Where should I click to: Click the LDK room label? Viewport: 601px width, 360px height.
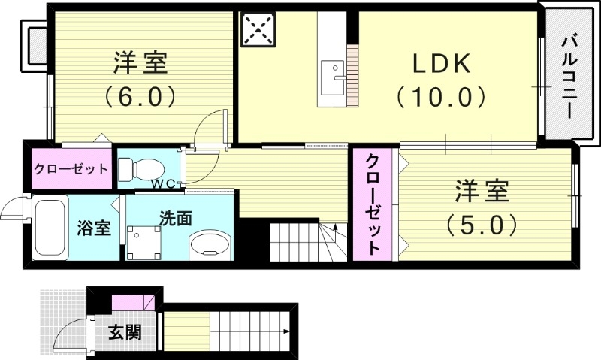pos(441,64)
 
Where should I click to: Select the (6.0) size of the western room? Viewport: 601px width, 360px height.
pos(140,96)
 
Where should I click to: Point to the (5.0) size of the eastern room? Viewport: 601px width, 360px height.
pos(481,223)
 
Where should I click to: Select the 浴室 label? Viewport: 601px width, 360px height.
pos(95,228)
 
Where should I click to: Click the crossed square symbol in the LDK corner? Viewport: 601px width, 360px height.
pos(258,31)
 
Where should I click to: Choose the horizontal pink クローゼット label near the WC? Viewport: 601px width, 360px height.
pos(70,168)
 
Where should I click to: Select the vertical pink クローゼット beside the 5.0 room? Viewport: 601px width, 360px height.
pos(373,204)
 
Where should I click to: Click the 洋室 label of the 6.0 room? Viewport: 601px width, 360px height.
pos(140,63)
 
